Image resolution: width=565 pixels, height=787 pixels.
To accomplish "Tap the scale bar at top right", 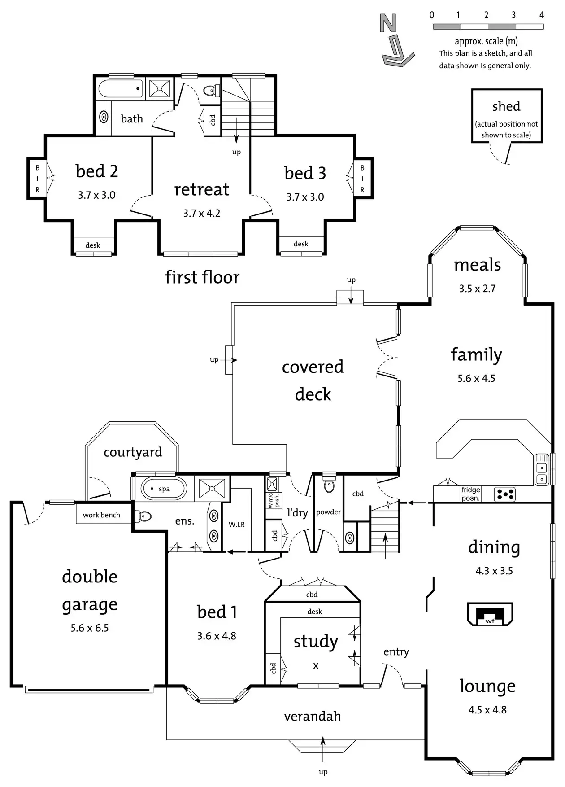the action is tap(488, 27).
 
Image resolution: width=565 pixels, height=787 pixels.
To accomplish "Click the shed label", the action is tap(506, 106).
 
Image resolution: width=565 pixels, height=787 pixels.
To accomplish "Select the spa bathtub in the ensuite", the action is tap(164, 489).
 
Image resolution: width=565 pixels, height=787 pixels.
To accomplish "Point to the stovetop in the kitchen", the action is tap(505, 494).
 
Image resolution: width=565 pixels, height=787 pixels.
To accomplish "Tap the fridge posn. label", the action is tap(471, 494).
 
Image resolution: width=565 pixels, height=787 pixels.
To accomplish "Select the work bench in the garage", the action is tap(101, 515).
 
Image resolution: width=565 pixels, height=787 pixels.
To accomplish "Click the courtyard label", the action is tap(133, 452).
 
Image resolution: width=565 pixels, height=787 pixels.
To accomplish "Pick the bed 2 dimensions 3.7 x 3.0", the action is tap(97, 195).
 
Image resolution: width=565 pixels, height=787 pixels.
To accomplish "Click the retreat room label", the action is tap(202, 189).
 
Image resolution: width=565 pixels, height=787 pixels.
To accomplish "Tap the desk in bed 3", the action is tap(301, 244).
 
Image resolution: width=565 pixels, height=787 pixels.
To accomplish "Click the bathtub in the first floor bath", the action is tap(120, 88).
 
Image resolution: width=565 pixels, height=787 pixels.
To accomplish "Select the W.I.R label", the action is tap(237, 524).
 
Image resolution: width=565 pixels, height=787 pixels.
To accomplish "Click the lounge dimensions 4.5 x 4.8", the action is tap(487, 710).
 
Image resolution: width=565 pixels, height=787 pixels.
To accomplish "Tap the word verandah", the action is tap(313, 716).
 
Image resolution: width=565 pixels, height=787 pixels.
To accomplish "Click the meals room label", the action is tap(477, 265).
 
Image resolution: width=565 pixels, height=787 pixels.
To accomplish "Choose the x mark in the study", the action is tap(316, 666).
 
